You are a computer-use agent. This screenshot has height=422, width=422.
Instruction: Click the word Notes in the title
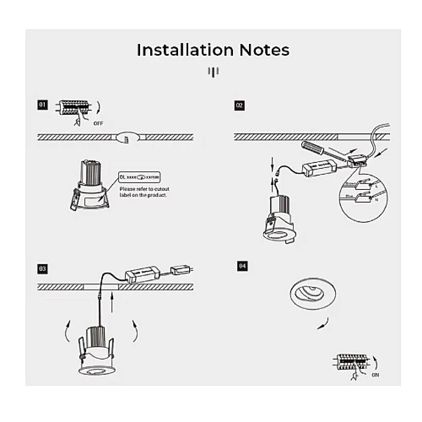(264, 50)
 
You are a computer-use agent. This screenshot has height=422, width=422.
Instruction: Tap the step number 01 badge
(43, 105)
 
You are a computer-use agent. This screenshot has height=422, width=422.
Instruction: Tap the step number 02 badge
(239, 105)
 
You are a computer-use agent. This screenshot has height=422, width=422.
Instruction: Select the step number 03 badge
(43, 268)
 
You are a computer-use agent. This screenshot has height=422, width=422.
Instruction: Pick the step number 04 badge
(242, 266)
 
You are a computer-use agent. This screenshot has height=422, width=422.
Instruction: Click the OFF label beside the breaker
(98, 124)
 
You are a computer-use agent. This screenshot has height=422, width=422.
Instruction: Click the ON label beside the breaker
(376, 375)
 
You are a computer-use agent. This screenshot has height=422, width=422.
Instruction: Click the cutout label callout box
(140, 177)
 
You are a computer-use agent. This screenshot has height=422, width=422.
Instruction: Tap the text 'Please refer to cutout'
(144, 189)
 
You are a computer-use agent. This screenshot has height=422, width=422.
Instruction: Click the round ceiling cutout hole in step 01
(128, 138)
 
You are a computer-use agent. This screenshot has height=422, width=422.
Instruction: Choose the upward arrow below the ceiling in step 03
(112, 303)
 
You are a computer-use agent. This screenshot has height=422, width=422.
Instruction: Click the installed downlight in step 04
(313, 293)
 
